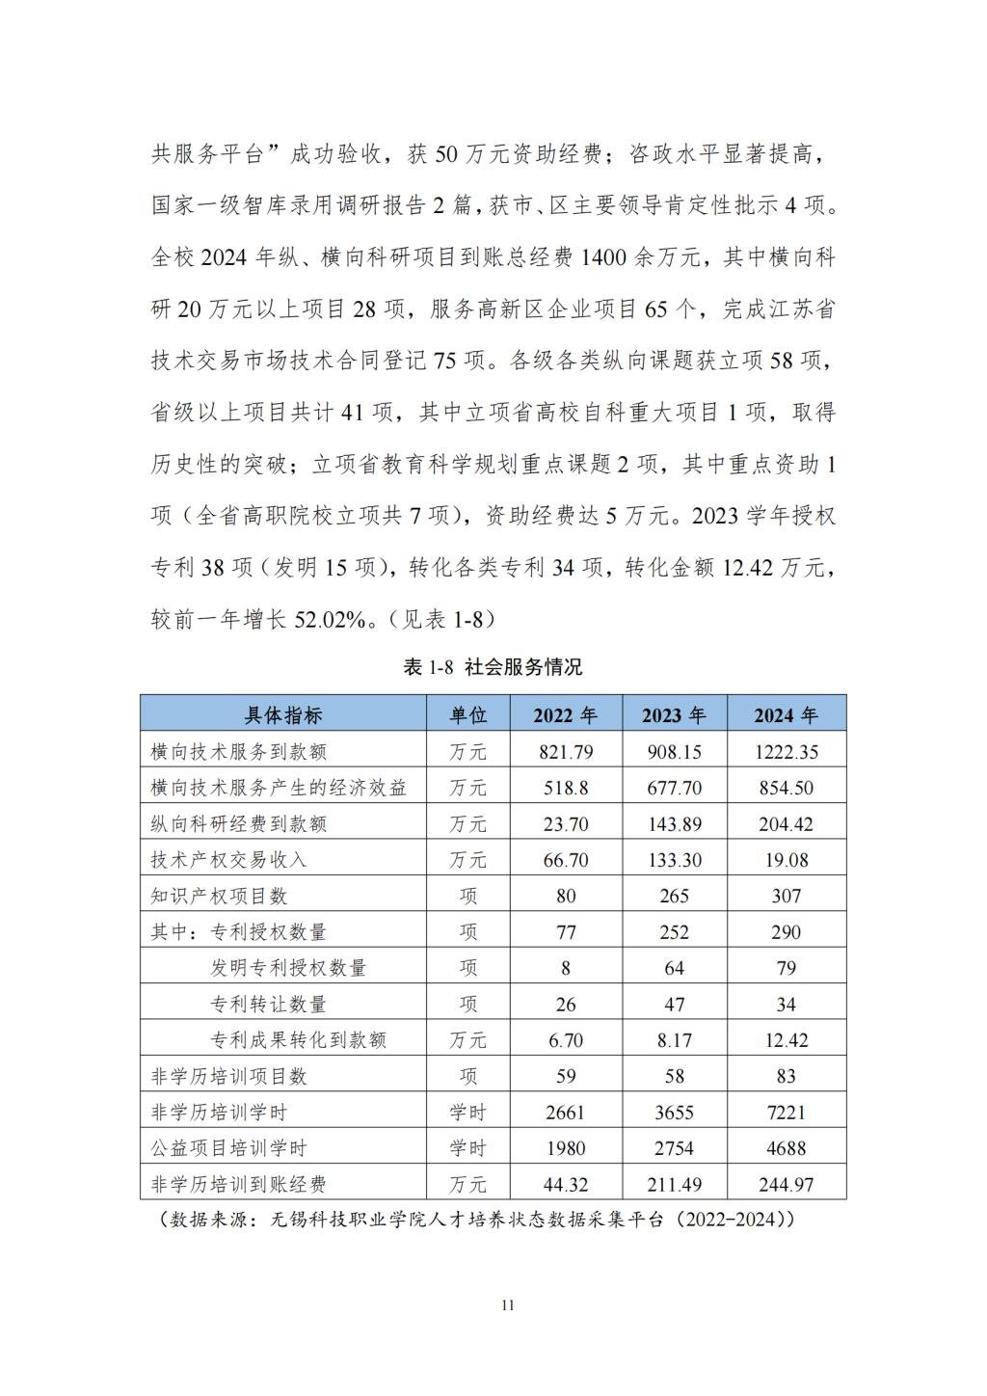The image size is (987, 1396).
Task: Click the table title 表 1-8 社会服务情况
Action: (x=493, y=667)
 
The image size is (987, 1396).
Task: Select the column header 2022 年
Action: (x=565, y=714)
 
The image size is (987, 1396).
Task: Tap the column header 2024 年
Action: (x=786, y=714)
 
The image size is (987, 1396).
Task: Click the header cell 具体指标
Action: (x=283, y=714)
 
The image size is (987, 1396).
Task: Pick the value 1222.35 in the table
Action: (x=786, y=752)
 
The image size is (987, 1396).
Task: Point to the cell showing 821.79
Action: (x=565, y=752)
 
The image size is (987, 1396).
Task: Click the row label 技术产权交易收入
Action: (x=228, y=860)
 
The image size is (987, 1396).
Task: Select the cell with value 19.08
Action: (x=786, y=860)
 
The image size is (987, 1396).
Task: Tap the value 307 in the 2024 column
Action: (x=786, y=896)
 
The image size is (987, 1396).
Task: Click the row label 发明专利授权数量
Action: (x=288, y=968)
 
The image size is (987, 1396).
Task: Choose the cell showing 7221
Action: (x=786, y=1113)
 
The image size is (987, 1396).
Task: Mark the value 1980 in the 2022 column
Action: (x=565, y=1148)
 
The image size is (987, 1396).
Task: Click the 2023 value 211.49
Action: (x=674, y=1184)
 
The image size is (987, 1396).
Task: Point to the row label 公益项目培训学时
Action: (x=228, y=1148)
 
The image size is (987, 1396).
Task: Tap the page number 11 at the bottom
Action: (x=509, y=1305)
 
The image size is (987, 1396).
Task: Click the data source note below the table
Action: (x=477, y=1220)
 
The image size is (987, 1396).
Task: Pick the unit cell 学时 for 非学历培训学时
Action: (x=467, y=1113)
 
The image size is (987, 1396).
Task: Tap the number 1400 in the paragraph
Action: (x=604, y=257)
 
